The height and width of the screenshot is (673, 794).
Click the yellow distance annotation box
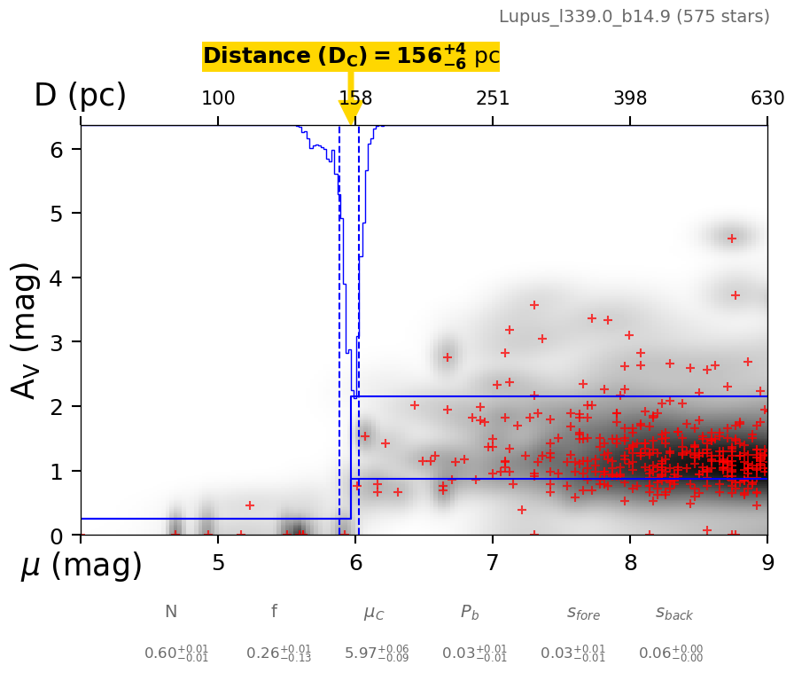click(351, 57)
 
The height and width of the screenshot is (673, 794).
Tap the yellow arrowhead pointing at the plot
click(351, 113)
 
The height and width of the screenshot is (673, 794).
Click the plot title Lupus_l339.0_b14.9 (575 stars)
click(634, 16)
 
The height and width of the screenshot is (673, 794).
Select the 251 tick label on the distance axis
click(493, 98)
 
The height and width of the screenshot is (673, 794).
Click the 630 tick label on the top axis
click(767, 98)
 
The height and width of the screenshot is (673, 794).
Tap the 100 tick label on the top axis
click(218, 98)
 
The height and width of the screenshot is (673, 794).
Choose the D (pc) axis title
click(80, 96)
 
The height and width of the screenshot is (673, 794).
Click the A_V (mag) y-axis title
click(27, 330)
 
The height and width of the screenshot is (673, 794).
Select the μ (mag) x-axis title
click(81, 566)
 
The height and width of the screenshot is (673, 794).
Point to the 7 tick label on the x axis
click(493, 564)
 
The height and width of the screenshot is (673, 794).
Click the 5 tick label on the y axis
click(56, 214)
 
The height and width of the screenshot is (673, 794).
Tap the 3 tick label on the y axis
click(56, 342)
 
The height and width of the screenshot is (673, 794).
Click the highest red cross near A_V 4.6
click(732, 239)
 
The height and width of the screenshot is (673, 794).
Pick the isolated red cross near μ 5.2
click(250, 505)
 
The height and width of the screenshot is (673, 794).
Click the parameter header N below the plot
click(171, 612)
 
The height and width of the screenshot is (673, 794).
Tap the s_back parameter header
click(674, 613)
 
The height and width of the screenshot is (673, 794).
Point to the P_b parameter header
click(470, 612)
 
